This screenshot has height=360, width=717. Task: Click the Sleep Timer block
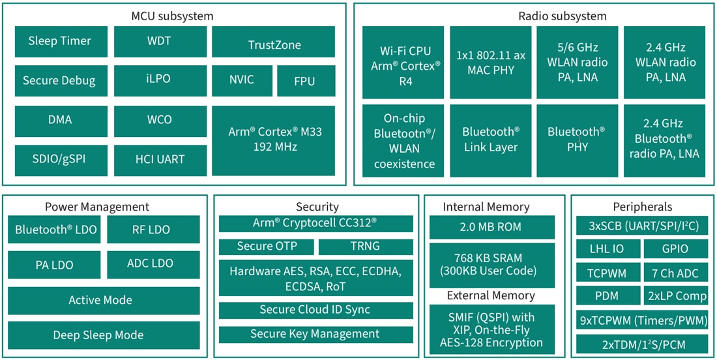coord(59,42)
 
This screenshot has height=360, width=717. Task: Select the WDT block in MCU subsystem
coord(160,42)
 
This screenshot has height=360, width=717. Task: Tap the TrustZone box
coord(274,45)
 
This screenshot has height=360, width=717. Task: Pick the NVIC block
coord(241,81)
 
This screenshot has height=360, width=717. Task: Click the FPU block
coord(304,81)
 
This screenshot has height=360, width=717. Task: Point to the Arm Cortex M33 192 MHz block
coord(274,140)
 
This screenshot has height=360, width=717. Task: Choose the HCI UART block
coord(160,159)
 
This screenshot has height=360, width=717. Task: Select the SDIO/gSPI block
coord(59,159)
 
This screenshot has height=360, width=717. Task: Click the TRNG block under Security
coord(366,247)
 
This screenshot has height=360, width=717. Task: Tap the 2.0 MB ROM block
coord(492,228)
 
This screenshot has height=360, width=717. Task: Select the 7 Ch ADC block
coord(675,272)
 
